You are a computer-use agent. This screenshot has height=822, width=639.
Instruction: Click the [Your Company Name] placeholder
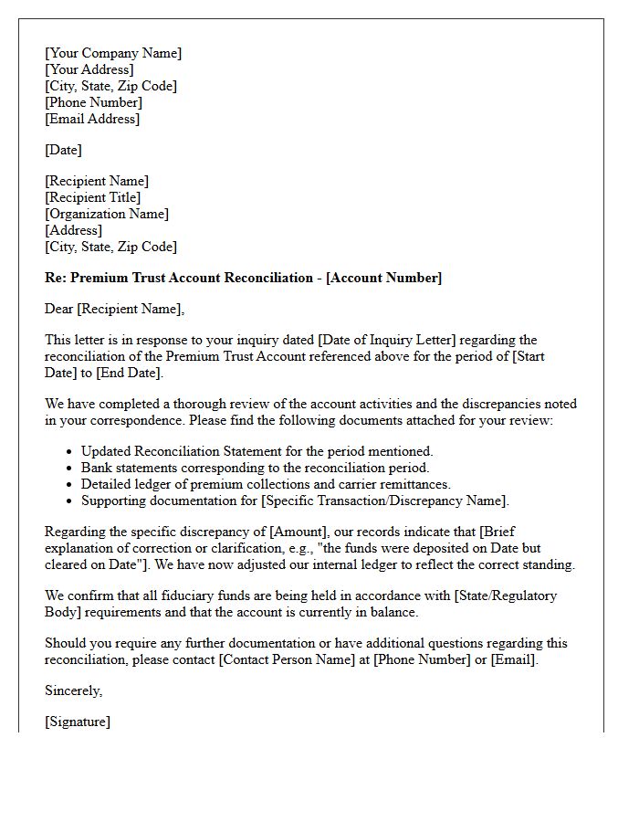pyautogui.click(x=113, y=53)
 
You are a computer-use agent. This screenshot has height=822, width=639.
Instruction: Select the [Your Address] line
pyautogui.click(x=89, y=69)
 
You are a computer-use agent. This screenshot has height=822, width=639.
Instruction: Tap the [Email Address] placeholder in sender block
pyautogui.click(x=92, y=119)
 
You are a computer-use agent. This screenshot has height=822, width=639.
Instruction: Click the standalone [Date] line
pyautogui.click(x=63, y=150)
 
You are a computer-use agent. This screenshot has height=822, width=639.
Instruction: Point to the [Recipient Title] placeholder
pyautogui.click(x=92, y=197)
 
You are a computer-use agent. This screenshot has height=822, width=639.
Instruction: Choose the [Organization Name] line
pyautogui.click(x=107, y=214)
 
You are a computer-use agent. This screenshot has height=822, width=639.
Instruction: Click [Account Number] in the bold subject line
pyautogui.click(x=383, y=278)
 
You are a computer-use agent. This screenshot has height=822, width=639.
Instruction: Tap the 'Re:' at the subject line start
pyautogui.click(x=56, y=278)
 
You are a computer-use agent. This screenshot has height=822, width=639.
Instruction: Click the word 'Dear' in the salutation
pyautogui.click(x=59, y=309)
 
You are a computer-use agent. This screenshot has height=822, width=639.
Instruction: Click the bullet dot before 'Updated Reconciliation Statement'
pyautogui.click(x=70, y=452)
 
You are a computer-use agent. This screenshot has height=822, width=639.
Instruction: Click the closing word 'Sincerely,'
pyautogui.click(x=73, y=690)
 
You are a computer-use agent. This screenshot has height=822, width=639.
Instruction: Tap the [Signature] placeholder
pyautogui.click(x=78, y=722)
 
